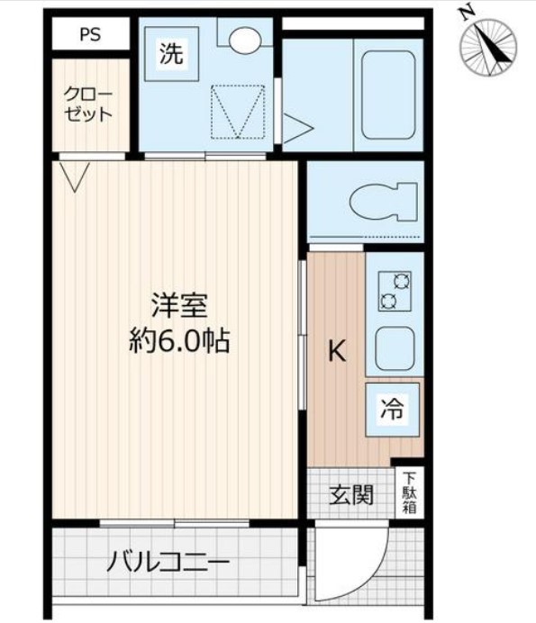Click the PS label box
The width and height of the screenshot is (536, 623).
click(x=89, y=36)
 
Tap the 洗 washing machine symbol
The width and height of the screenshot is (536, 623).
click(x=170, y=54)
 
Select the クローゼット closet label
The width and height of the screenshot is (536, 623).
click(x=87, y=104)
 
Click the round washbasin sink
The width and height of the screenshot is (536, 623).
click(x=243, y=39)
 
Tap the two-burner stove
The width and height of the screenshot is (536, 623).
click(x=395, y=291)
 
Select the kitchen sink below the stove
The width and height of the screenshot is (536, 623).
click(x=395, y=349)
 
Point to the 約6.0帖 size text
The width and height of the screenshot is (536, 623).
click(x=179, y=342)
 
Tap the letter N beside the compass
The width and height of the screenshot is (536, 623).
click(x=466, y=13)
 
